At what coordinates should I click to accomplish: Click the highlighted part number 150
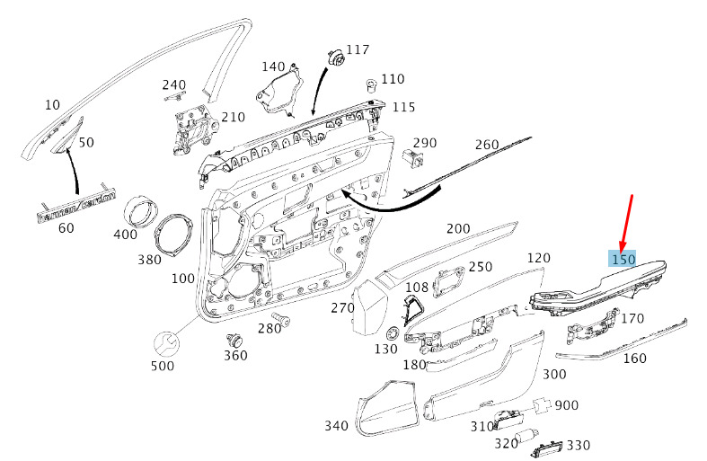pyautogui.click(x=623, y=259)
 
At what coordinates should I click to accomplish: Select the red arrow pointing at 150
pyautogui.click(x=626, y=224)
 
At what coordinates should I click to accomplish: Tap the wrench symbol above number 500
pyautogui.click(x=166, y=344)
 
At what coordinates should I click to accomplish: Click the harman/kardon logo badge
pyautogui.click(x=75, y=207)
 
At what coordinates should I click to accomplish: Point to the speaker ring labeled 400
pyautogui.click(x=141, y=211)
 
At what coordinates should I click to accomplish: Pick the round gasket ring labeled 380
pyautogui.click(x=174, y=236)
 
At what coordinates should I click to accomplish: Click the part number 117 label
pyautogui.click(x=358, y=49)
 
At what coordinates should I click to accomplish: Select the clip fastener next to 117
pyautogui.click(x=335, y=58)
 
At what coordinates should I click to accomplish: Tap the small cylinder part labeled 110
pyautogui.click(x=371, y=85)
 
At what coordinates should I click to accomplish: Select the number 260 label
pyautogui.click(x=487, y=145)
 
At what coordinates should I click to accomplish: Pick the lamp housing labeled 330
pyautogui.click(x=547, y=448)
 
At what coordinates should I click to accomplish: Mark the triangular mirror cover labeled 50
pyautogui.click(x=67, y=136)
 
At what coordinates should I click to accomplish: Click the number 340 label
pyautogui.click(x=336, y=425)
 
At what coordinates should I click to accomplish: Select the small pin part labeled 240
pyautogui.click(x=174, y=96)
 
